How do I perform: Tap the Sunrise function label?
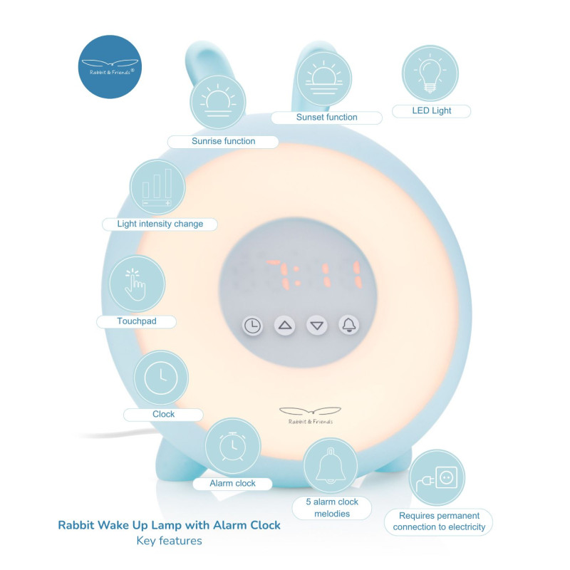[x=223, y=141]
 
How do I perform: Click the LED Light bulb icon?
[x=430, y=73]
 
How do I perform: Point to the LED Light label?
[x=432, y=111]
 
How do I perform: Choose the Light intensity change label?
[x=160, y=224]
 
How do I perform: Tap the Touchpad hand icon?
[x=136, y=284]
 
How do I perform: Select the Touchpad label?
[x=137, y=321]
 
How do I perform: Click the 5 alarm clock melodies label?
[x=331, y=507]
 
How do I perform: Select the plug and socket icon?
[x=437, y=477]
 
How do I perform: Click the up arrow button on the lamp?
[x=285, y=326]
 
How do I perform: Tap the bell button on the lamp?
[x=349, y=326]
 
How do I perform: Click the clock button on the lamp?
[x=252, y=326]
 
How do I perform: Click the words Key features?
[x=170, y=541]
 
